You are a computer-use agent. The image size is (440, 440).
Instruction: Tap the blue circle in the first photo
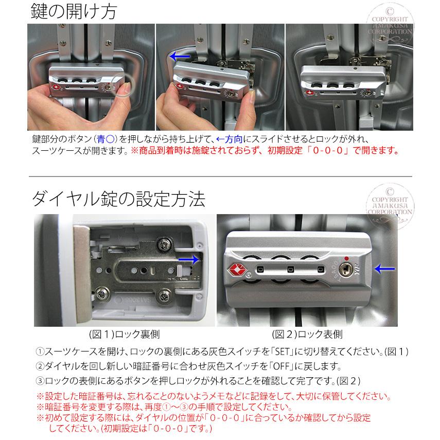coord(125,84)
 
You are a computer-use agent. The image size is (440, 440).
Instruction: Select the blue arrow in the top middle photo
coord(180,56)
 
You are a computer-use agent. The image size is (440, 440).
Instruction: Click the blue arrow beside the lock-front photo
coord(384,268)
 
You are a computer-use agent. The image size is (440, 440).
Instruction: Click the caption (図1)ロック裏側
coord(124,334)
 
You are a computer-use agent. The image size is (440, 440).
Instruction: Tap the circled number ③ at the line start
coord(41,381)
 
